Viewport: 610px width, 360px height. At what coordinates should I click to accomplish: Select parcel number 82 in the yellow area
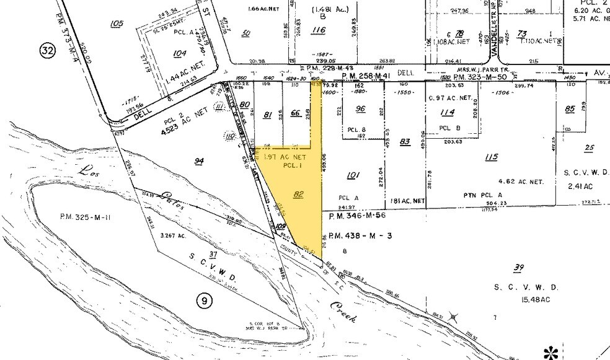299,194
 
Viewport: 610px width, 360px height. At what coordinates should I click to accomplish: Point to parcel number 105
115,24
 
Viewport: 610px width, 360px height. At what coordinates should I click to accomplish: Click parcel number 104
180,54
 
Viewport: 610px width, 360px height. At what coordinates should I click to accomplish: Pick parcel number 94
199,161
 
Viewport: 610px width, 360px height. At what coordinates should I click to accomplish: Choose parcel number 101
353,175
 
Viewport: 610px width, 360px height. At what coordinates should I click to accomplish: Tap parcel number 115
492,157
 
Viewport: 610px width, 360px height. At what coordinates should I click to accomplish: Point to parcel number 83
405,142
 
